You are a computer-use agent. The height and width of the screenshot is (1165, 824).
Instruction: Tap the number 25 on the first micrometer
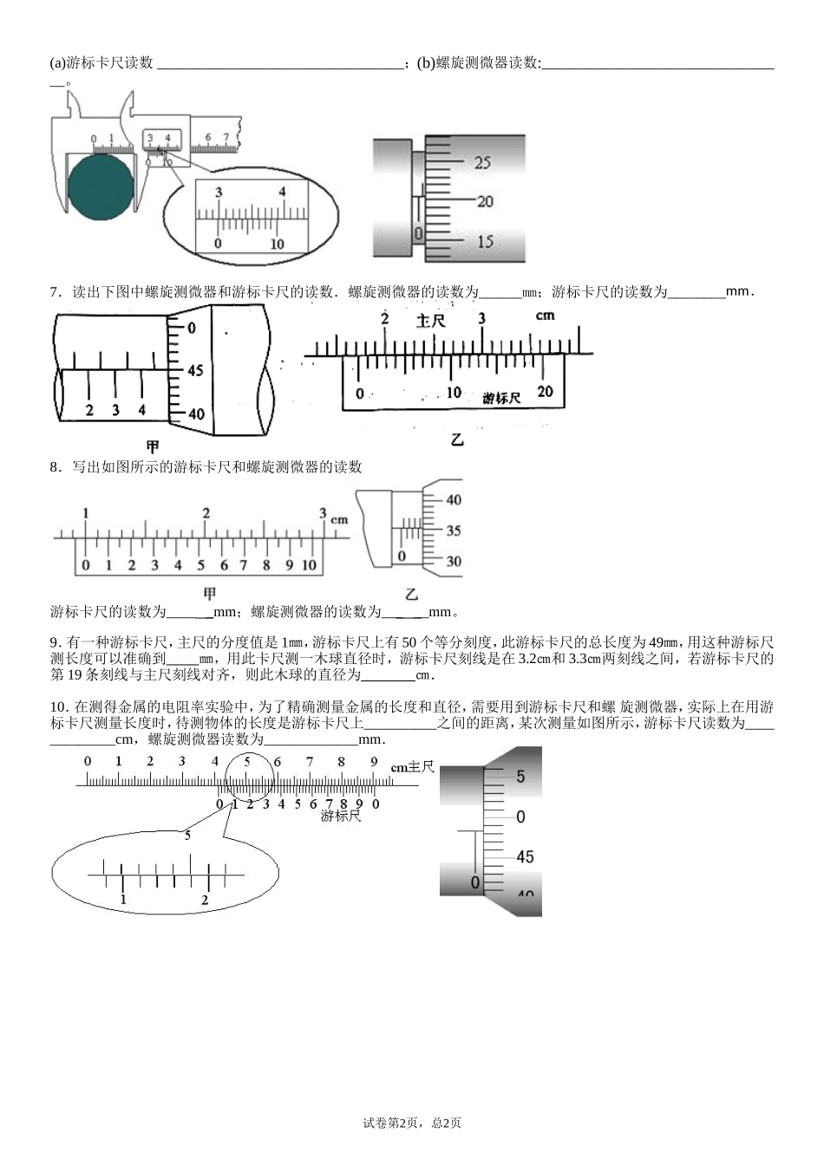click(483, 162)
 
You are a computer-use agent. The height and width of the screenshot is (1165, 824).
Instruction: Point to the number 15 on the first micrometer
click(485, 242)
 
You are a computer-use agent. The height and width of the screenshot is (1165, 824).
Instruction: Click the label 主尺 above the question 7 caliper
click(430, 321)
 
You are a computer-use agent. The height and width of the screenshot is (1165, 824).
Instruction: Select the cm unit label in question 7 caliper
click(545, 316)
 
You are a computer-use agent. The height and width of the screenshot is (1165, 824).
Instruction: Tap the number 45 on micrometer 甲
click(195, 370)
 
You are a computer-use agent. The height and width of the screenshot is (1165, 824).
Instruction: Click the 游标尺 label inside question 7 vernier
click(501, 398)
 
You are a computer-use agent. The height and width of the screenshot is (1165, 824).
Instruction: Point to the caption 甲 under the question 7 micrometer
click(153, 446)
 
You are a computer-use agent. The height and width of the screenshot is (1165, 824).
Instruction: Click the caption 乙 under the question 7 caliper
click(457, 440)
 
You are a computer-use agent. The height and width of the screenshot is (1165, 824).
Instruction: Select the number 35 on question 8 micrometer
click(454, 530)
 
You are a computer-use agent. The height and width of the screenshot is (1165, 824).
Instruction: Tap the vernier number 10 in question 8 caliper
click(309, 566)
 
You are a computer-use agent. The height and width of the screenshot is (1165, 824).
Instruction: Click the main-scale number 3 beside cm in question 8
click(323, 512)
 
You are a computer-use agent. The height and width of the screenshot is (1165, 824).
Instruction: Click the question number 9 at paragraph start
click(55, 642)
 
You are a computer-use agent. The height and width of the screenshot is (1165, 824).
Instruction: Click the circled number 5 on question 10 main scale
click(247, 762)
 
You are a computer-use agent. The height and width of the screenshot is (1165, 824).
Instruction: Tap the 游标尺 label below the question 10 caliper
click(339, 816)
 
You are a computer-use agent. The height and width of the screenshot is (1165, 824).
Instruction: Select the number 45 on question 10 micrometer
click(525, 856)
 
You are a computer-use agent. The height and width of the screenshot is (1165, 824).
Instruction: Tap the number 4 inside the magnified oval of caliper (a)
click(282, 192)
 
